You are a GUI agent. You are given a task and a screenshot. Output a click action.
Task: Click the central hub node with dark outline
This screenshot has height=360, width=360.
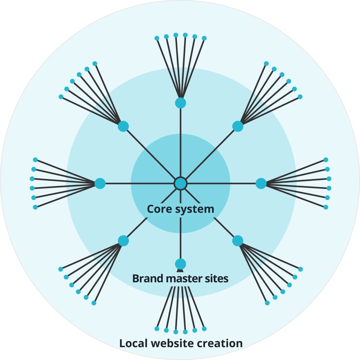[180, 183]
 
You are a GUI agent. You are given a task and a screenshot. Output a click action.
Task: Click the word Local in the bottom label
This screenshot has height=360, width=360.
[134, 343]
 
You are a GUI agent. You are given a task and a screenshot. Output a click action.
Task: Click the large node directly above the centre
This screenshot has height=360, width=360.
[180, 103]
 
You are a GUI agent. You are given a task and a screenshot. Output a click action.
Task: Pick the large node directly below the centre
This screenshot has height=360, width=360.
[180, 264]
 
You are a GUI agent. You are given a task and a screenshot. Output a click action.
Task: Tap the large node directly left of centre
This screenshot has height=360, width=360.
[100, 183]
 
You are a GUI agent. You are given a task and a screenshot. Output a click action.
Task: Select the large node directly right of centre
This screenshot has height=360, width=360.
[261, 183]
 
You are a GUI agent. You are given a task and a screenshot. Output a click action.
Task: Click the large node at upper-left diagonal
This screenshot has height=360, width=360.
[123, 126]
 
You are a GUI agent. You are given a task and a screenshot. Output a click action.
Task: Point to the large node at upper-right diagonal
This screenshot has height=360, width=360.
[238, 126]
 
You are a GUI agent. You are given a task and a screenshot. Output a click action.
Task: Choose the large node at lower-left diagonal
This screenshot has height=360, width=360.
[123, 241]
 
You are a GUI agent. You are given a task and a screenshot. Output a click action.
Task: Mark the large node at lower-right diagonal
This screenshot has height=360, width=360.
[238, 241]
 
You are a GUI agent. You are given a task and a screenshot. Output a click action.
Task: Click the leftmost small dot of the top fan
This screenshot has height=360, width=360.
[157, 38]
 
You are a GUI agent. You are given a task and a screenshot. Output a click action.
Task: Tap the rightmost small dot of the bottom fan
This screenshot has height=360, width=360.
[204, 329]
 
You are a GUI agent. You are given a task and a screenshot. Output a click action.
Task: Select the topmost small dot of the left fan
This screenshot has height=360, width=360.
[35, 160]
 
